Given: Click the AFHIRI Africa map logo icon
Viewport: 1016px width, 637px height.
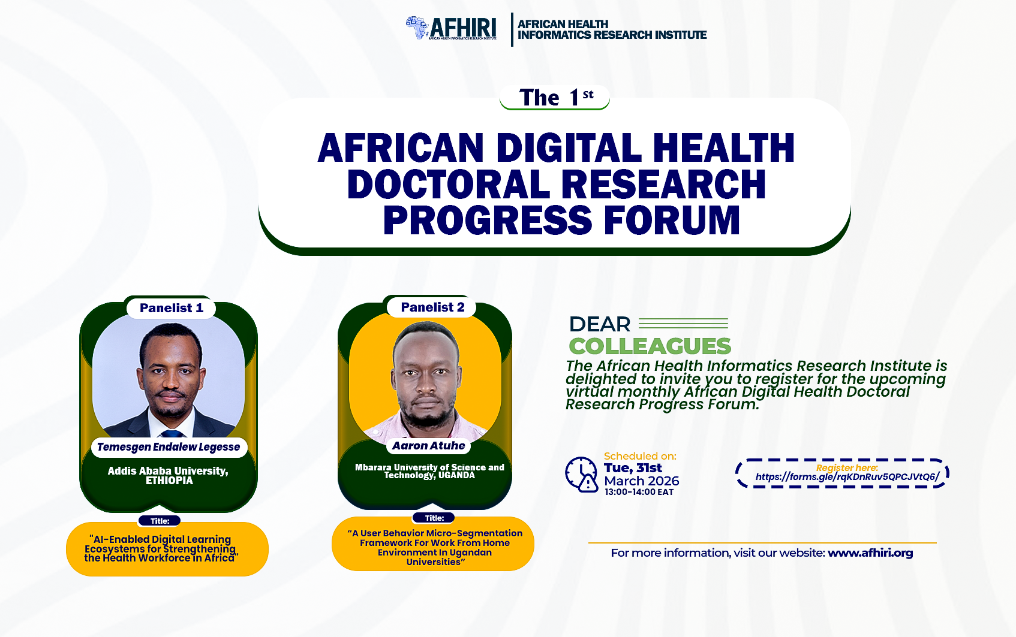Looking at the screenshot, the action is click(x=417, y=28).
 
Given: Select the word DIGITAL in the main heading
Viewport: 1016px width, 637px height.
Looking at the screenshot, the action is click(x=569, y=147).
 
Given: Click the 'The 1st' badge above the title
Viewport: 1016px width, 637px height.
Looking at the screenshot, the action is click(x=555, y=97).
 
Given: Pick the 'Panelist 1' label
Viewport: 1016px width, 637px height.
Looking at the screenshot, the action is click(x=171, y=308).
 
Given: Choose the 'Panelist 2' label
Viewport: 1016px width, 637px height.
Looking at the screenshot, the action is click(x=432, y=307).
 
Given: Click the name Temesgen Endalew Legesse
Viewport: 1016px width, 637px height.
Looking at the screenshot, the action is click(x=169, y=447).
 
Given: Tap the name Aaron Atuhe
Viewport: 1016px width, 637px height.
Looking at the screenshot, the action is click(x=429, y=446).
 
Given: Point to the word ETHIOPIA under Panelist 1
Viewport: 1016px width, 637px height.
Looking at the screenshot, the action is click(x=169, y=481).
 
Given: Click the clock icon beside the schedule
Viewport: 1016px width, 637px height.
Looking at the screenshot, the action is click(x=581, y=475).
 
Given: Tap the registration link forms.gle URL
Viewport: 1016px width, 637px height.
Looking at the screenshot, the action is click(x=847, y=477).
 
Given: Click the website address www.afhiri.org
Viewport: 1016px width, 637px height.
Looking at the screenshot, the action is click(x=870, y=553).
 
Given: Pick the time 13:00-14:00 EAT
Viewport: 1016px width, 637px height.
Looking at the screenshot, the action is click(x=639, y=492).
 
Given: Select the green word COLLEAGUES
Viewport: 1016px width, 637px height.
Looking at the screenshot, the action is click(x=650, y=346).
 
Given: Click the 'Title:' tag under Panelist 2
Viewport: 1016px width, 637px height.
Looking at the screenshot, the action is click(x=434, y=518).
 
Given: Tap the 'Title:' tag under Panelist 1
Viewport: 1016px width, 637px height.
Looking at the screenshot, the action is click(x=160, y=521).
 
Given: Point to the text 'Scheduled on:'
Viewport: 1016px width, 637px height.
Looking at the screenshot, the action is click(x=640, y=456).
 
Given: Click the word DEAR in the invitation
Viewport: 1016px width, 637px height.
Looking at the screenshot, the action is click(x=600, y=324).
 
